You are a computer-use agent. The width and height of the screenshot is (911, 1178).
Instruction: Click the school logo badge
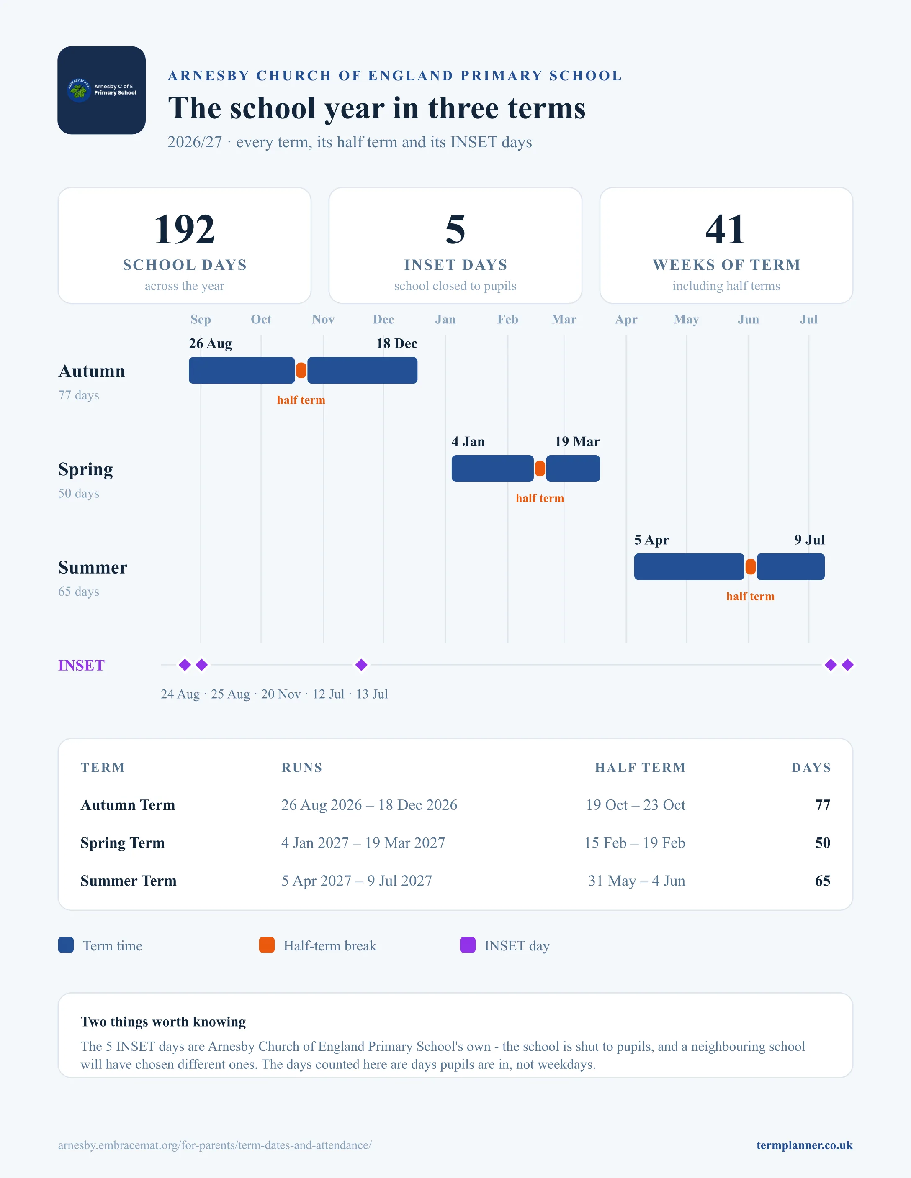pyautogui.click(x=101, y=90)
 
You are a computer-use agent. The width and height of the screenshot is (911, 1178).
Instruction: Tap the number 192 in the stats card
pyautogui.click(x=185, y=229)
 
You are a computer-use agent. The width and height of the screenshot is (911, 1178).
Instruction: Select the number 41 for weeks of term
pyautogui.click(x=726, y=229)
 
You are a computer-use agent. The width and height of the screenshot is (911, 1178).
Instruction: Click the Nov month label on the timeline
pyautogui.click(x=323, y=319)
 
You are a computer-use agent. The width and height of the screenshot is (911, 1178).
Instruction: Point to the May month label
pyautogui.click(x=686, y=319)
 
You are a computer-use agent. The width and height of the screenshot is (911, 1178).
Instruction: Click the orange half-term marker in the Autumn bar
pyautogui.click(x=301, y=371)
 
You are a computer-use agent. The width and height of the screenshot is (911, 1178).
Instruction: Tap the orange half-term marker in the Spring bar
pyautogui.click(x=540, y=469)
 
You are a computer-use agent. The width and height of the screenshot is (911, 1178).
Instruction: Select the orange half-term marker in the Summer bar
pyautogui.click(x=750, y=567)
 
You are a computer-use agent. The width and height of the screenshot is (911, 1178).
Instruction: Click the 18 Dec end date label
pyautogui.click(x=396, y=343)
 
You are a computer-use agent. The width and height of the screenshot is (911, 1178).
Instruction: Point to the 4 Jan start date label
pyautogui.click(x=468, y=442)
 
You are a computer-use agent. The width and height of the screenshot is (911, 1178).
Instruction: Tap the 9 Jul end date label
pyautogui.click(x=810, y=540)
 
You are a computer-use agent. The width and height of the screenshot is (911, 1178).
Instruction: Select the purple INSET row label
pyautogui.click(x=82, y=666)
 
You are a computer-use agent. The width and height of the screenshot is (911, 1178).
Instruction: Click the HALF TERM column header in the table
pyautogui.click(x=640, y=768)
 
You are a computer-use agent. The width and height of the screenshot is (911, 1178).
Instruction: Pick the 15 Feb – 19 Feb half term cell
pyautogui.click(x=635, y=843)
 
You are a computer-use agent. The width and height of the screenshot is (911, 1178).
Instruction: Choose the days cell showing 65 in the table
pyautogui.click(x=823, y=881)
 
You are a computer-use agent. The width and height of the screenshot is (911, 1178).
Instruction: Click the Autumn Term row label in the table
pyautogui.click(x=128, y=805)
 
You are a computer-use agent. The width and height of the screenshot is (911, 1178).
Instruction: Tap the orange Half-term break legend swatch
pyautogui.click(x=267, y=945)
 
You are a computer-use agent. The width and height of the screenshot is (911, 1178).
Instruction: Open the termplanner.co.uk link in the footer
pyautogui.click(x=804, y=1145)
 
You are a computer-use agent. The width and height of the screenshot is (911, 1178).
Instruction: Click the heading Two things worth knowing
pyautogui.click(x=163, y=1022)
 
